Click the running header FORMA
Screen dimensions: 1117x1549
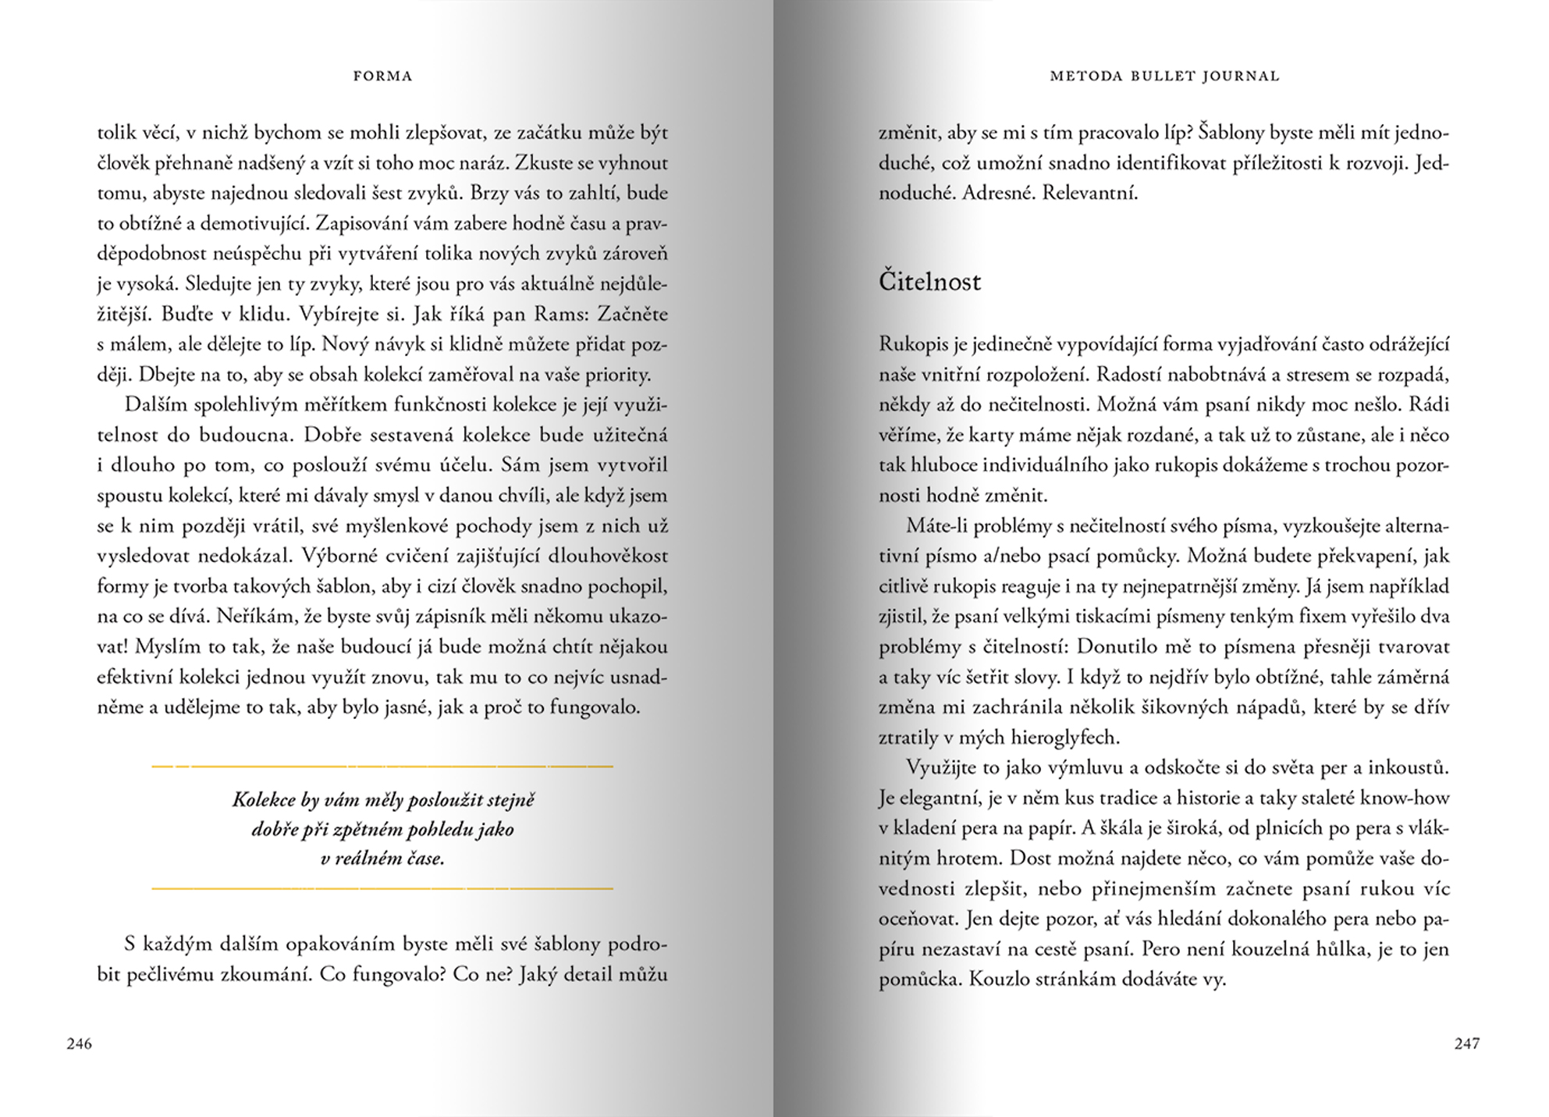coord(382,76)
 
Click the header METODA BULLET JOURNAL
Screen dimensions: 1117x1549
coord(1164,76)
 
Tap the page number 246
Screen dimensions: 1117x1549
coord(80,1044)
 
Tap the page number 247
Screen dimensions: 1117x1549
coord(1467,1044)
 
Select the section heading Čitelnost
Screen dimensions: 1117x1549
coord(929,281)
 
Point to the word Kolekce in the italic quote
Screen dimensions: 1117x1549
coord(264,799)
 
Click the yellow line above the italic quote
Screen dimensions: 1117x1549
coord(382,767)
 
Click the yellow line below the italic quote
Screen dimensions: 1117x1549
coord(382,888)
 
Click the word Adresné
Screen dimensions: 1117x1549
coord(997,193)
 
